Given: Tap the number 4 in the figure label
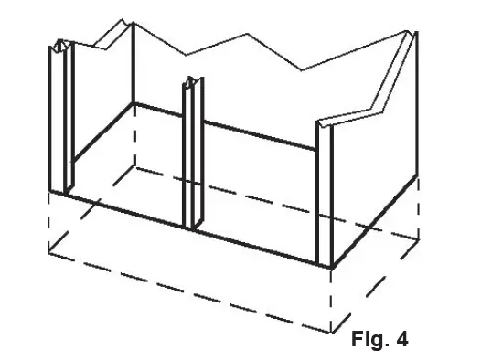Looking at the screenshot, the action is [x=401, y=340].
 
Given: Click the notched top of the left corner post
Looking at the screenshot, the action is [x=60, y=45].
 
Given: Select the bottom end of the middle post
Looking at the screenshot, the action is [x=192, y=226].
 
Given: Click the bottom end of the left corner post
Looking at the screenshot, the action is [x=59, y=192].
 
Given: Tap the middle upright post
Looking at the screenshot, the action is [x=192, y=155].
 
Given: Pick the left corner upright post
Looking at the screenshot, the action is [x=59, y=119].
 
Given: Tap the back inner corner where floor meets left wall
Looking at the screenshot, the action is [x=135, y=105].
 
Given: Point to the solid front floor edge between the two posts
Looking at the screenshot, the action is [x=128, y=210].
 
